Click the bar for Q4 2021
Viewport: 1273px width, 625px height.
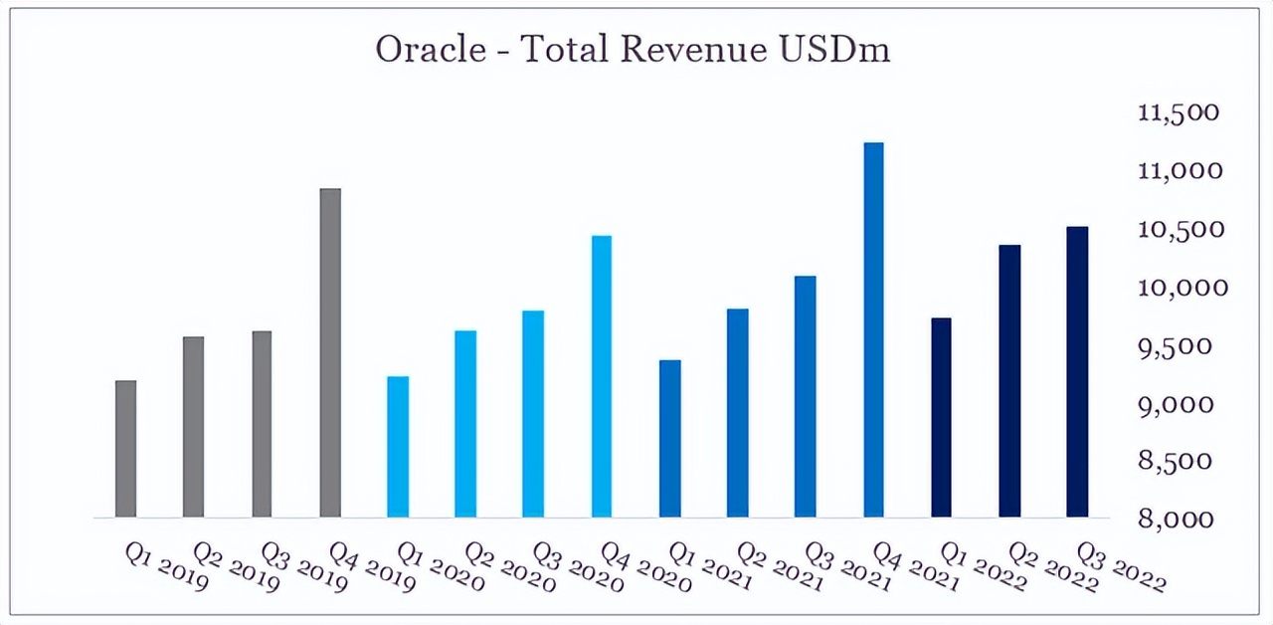pyautogui.click(x=873, y=329)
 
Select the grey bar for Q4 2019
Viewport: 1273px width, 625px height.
pyautogui.click(x=330, y=352)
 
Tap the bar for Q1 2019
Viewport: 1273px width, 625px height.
pyautogui.click(x=125, y=449)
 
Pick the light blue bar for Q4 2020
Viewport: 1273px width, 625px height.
pyautogui.click(x=602, y=376)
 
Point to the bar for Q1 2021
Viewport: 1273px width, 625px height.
pyautogui.click(x=670, y=438)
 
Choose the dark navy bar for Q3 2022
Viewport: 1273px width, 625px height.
pyautogui.click(x=1077, y=371)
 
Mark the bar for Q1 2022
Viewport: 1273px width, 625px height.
pyautogui.click(x=941, y=417)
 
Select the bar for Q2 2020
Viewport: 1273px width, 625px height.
pyautogui.click(x=465, y=423)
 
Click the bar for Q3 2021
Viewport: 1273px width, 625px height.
pyautogui.click(x=806, y=396)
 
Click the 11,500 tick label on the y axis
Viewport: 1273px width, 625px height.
pyautogui.click(x=1179, y=112)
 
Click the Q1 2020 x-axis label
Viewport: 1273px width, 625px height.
pyautogui.click(x=442, y=565)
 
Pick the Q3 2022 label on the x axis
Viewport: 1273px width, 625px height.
pyautogui.click(x=1122, y=565)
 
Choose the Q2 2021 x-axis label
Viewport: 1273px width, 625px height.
pyautogui.click(x=782, y=565)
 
